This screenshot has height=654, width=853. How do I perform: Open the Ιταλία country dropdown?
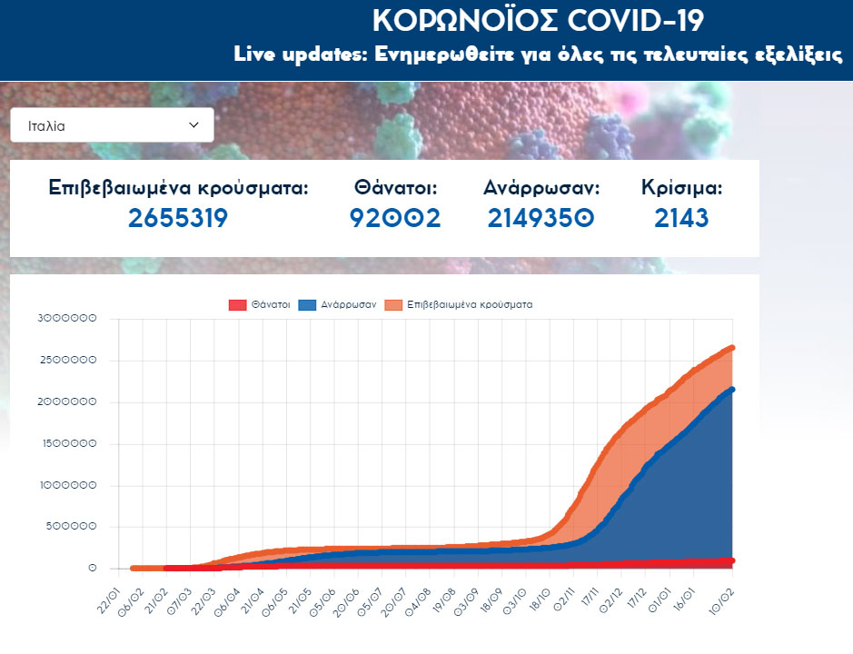[x=112, y=125]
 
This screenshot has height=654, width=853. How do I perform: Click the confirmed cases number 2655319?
[x=178, y=218]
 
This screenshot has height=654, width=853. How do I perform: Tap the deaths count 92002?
[x=395, y=218]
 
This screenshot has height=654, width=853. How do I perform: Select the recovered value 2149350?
[x=541, y=218]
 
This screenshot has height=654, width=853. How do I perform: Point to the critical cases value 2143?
[x=681, y=218]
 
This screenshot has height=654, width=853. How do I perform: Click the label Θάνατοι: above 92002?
[x=396, y=188]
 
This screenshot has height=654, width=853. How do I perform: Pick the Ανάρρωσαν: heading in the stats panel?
[x=541, y=188]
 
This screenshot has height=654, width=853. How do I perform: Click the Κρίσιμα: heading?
[x=681, y=188]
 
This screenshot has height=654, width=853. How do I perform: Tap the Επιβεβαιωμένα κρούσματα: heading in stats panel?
[x=178, y=188]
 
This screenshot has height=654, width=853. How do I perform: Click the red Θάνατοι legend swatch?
[x=237, y=305]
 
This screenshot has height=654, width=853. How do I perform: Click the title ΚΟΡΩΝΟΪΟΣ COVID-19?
[x=538, y=20]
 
